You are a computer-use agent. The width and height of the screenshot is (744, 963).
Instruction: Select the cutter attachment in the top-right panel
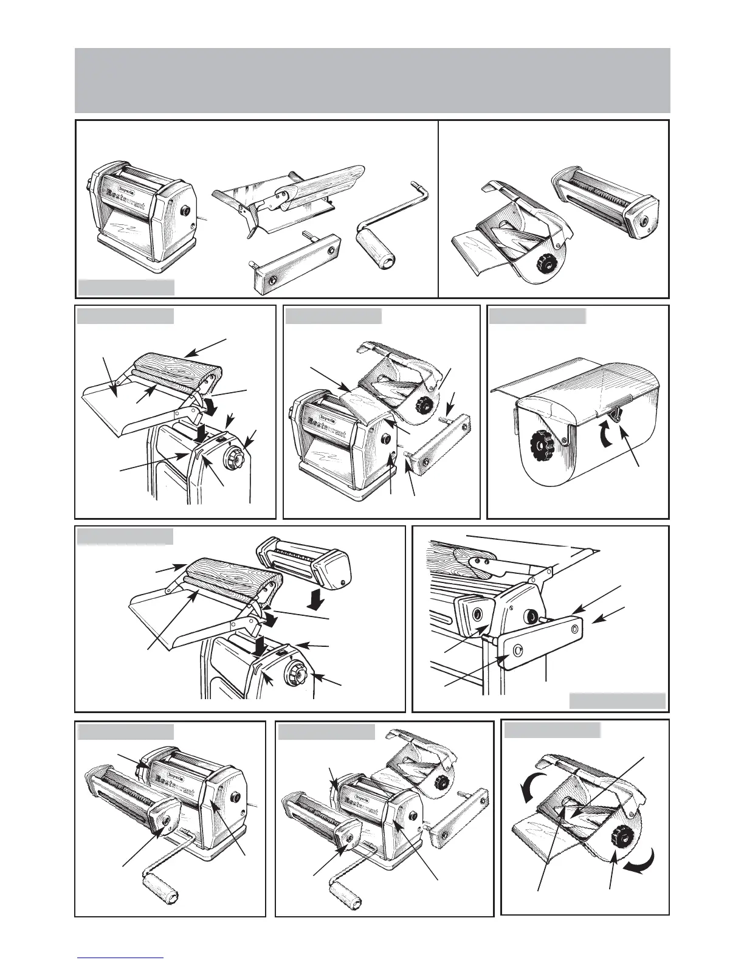click(x=605, y=198)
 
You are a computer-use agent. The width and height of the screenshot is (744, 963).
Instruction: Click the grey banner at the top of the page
click(x=372, y=80)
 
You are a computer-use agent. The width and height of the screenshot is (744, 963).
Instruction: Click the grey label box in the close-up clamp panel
click(x=617, y=700)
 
